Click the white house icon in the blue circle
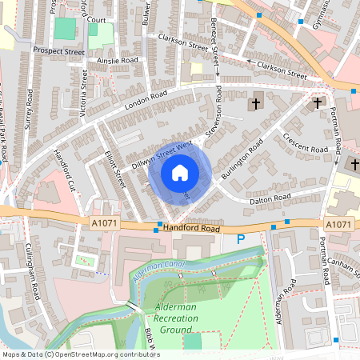(x=180, y=172)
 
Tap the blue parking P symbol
(x=241, y=239)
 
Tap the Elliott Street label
(x=117, y=171)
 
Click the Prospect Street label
(x=58, y=50)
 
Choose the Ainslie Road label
(x=117, y=59)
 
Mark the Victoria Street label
(x=84, y=90)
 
